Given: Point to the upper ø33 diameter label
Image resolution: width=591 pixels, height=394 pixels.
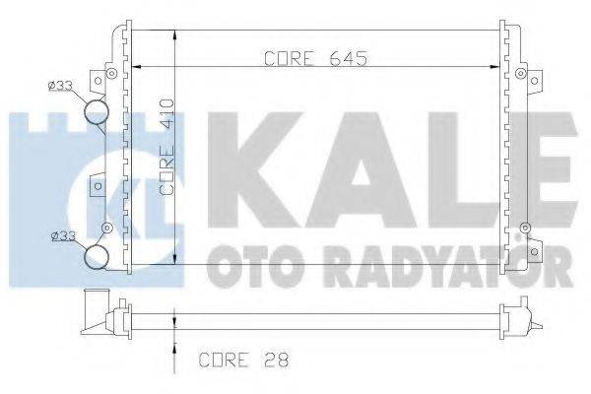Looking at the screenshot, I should (61, 86).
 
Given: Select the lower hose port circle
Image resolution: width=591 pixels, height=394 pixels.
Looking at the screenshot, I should (98, 257).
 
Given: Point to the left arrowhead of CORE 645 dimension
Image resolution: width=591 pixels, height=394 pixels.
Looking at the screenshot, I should (139, 67).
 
